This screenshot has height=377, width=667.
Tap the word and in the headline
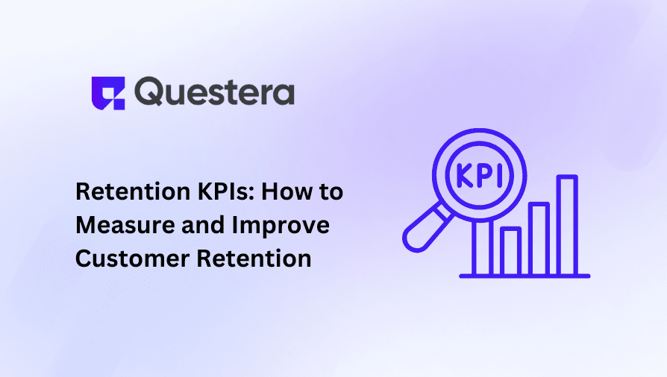(200, 224)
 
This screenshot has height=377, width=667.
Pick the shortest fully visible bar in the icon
(511, 251)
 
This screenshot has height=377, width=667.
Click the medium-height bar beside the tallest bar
(539, 238)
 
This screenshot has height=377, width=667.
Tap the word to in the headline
(330, 191)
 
